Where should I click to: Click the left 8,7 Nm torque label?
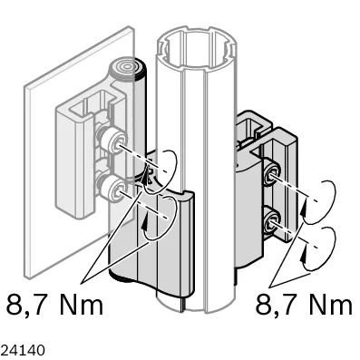(54, 303)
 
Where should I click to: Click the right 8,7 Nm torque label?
(304, 303)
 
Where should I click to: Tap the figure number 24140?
(23, 350)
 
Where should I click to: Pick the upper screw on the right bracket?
(272, 174)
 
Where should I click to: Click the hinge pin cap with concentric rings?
(127, 67)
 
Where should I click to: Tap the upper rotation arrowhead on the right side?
(304, 209)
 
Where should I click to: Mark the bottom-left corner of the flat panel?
(26, 277)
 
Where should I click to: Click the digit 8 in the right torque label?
(262, 303)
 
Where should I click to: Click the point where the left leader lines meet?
(82, 284)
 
